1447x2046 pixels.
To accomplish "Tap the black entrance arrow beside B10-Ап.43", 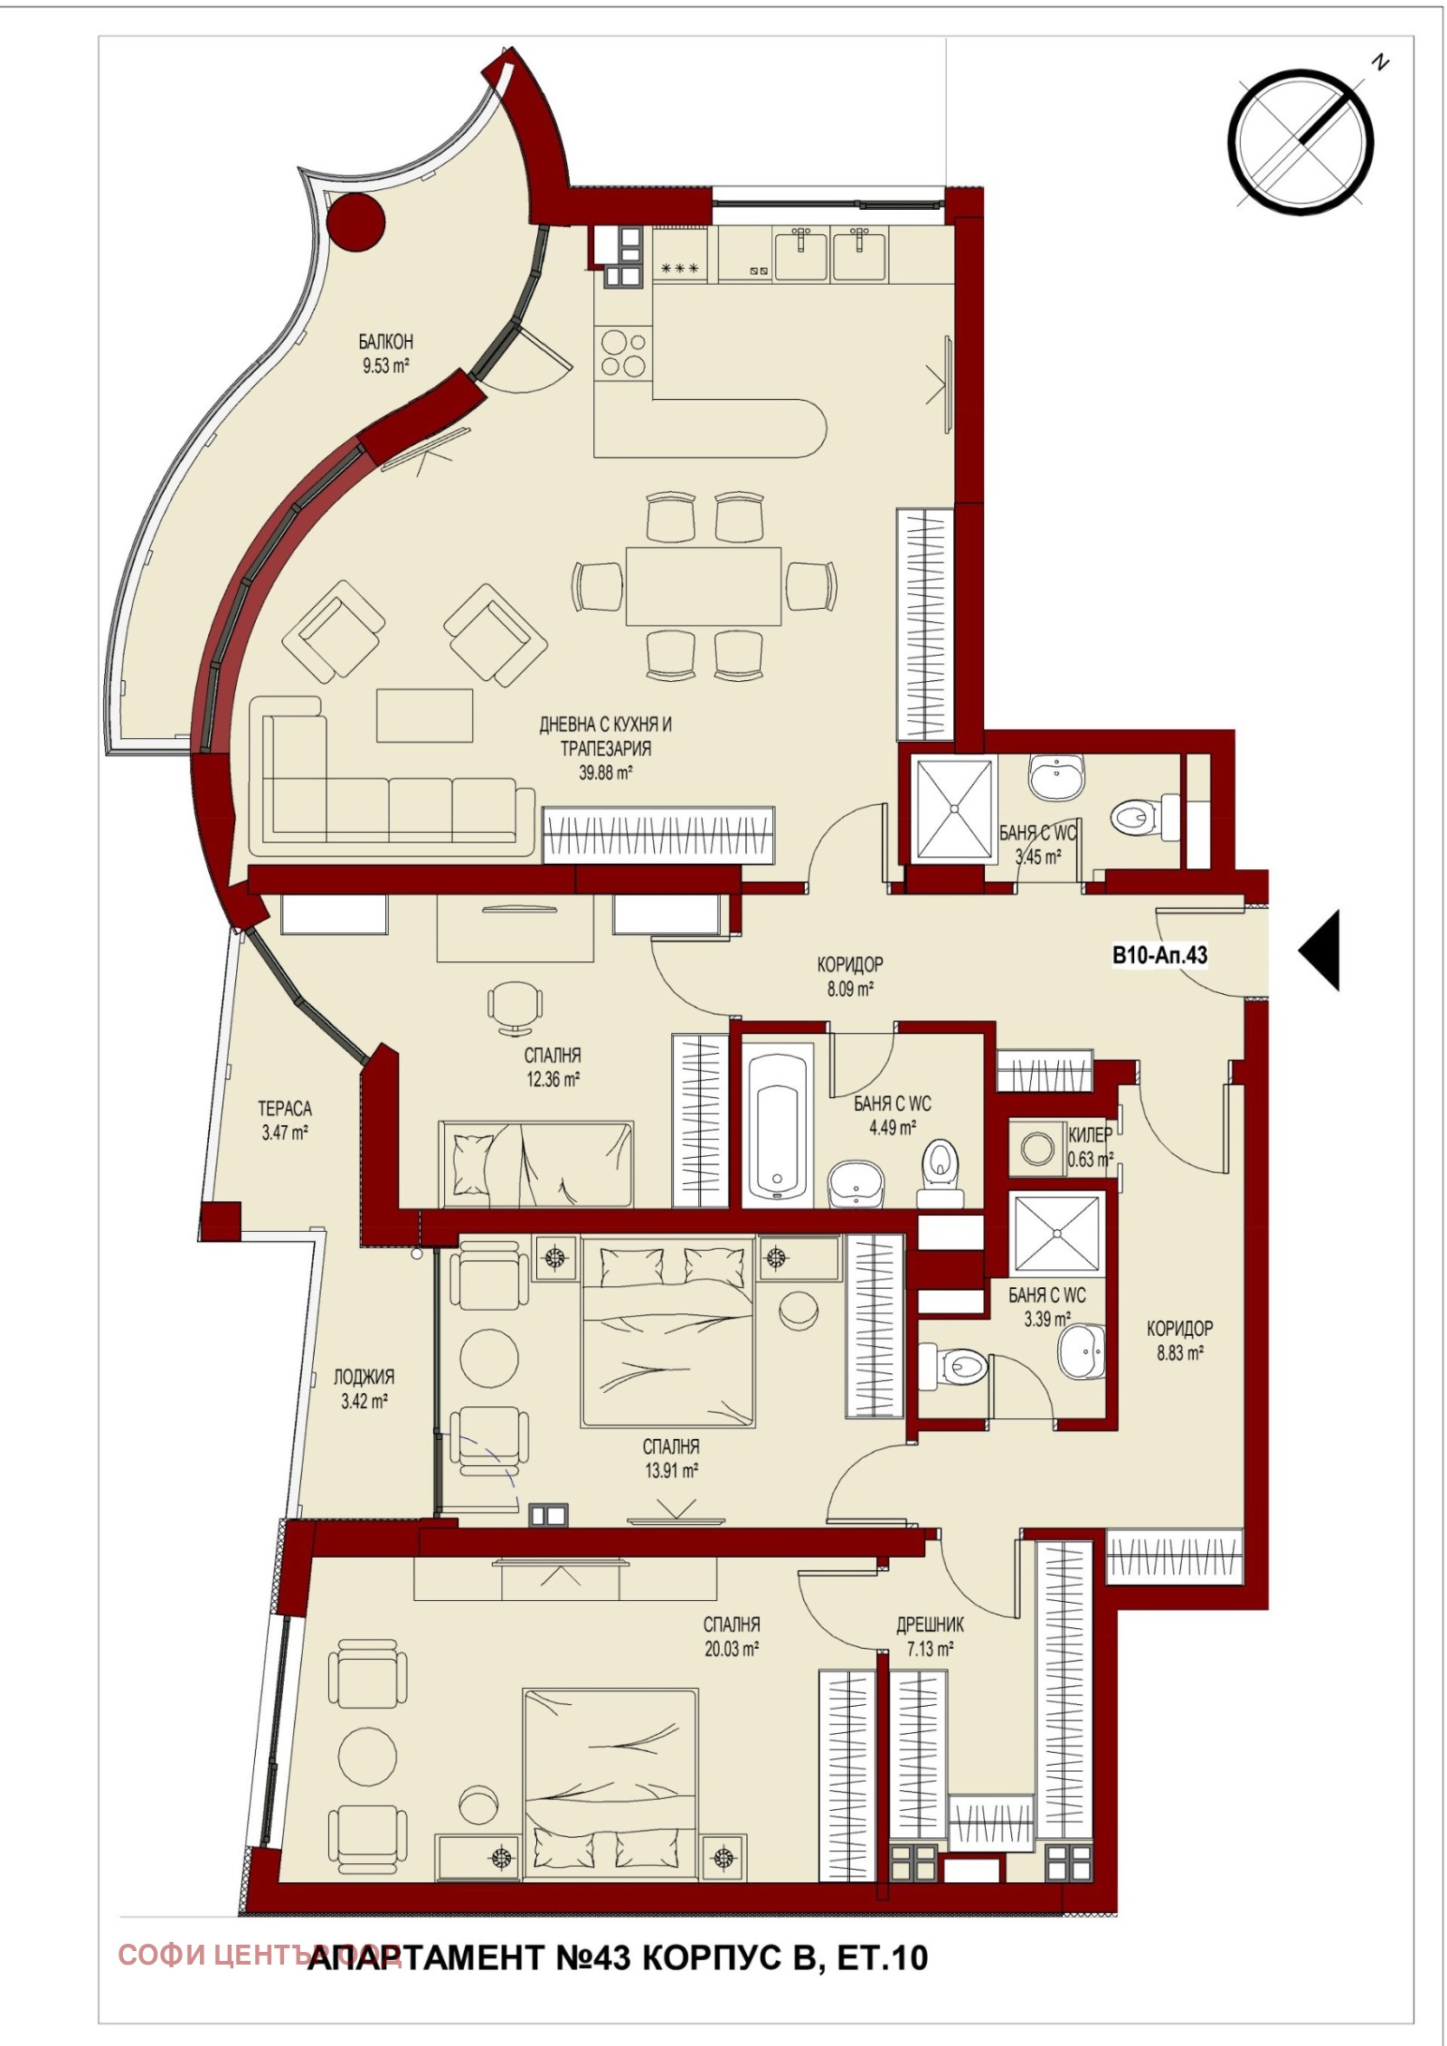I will click(x=1321, y=951).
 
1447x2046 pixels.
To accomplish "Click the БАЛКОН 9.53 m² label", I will click(x=385, y=354).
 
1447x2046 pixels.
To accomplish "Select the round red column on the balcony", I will click(x=354, y=225).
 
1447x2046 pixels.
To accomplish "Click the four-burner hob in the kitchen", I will click(x=623, y=353).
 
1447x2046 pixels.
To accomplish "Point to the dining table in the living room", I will click(x=703, y=585).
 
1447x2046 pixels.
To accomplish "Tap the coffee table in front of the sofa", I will click(x=425, y=715).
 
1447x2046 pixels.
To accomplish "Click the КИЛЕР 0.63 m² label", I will click(x=1089, y=1146).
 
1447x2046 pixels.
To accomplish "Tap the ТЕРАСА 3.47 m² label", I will click(x=285, y=1120).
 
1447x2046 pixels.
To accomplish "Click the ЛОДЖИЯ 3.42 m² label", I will click(x=364, y=1389).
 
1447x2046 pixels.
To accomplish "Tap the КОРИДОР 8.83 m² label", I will click(x=1179, y=1340).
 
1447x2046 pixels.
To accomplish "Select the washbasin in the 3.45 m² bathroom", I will click(x=1055, y=777).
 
